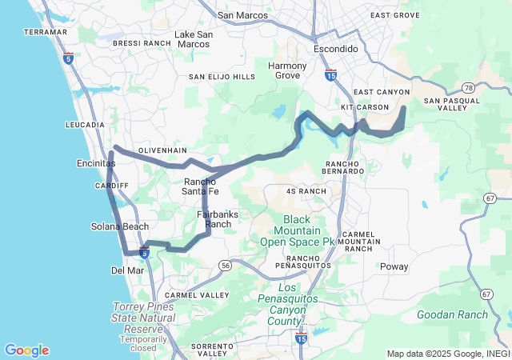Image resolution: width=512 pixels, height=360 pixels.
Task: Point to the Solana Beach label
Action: (x=120, y=226)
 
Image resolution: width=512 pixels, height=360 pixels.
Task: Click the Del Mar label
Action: (x=126, y=270)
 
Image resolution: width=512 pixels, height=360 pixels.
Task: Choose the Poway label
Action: (x=394, y=266)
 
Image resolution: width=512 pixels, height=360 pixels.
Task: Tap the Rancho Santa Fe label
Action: (x=201, y=186)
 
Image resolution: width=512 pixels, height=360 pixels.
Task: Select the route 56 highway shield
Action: (x=226, y=265)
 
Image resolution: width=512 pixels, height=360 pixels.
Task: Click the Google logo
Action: (x=26, y=350)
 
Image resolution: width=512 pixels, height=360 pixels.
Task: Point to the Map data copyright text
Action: (x=447, y=354)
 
